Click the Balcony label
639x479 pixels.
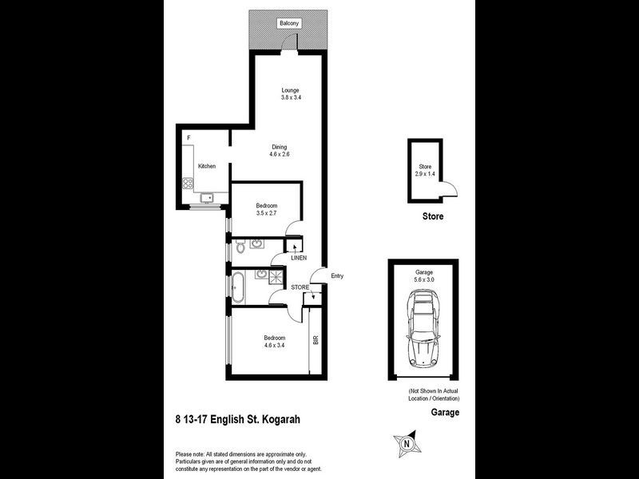(289, 23)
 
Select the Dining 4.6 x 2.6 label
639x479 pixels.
(279, 150)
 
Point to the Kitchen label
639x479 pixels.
(208, 166)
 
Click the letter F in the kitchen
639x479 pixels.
(189, 138)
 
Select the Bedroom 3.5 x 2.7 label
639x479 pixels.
(267, 210)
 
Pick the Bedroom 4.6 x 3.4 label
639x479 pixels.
(275, 342)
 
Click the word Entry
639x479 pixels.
(337, 276)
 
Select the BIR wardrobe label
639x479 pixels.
(316, 340)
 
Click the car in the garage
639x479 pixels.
(423, 326)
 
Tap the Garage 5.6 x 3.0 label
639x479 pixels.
(423, 276)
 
